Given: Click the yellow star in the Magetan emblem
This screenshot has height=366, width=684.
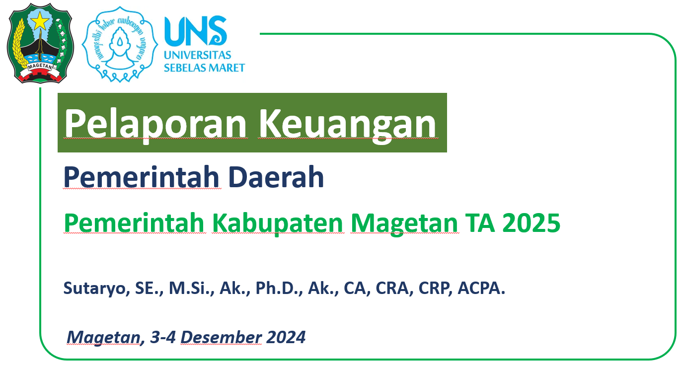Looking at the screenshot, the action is [x=40, y=20].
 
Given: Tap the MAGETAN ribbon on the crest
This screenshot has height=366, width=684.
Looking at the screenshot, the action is [x=40, y=66].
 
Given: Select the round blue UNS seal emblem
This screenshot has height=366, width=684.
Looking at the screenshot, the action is [x=120, y=44].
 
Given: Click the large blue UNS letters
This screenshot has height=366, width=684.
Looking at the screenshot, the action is [x=196, y=30].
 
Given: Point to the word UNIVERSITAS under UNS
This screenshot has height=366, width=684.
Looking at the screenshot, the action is [x=198, y=55].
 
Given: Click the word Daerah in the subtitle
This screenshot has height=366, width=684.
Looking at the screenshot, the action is [x=276, y=177].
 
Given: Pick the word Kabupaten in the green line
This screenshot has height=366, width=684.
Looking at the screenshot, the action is [x=278, y=223].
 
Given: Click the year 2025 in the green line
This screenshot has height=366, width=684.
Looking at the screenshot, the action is [x=532, y=223].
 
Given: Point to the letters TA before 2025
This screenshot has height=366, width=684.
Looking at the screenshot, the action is [x=480, y=223].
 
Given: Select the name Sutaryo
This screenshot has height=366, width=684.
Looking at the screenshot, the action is [x=95, y=289].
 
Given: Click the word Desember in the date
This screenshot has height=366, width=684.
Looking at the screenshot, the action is [x=221, y=337].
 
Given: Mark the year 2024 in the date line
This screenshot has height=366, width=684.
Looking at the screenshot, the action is [x=286, y=337].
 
